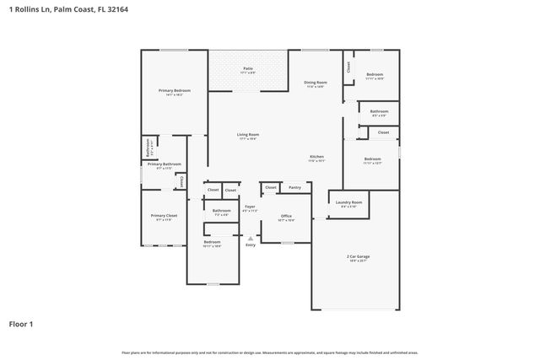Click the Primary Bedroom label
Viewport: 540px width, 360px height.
(x=175, y=90)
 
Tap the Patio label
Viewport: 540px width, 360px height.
(x=248, y=68)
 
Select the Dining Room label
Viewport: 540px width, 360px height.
(x=316, y=82)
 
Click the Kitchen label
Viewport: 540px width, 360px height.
(x=316, y=157)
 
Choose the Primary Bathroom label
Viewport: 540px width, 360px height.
(x=165, y=164)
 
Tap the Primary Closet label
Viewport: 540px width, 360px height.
(x=165, y=216)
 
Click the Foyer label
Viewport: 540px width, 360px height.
(x=251, y=207)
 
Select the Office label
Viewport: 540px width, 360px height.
(x=287, y=216)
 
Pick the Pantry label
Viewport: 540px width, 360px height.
(x=294, y=187)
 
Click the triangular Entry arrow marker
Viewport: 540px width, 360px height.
(x=251, y=237)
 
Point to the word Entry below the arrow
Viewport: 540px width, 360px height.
(x=251, y=244)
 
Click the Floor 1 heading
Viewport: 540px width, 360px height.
(x=21, y=323)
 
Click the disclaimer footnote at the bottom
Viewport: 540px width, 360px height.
(x=270, y=352)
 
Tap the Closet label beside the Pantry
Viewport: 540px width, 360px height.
(x=270, y=187)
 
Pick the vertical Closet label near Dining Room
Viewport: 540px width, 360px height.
(x=348, y=67)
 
